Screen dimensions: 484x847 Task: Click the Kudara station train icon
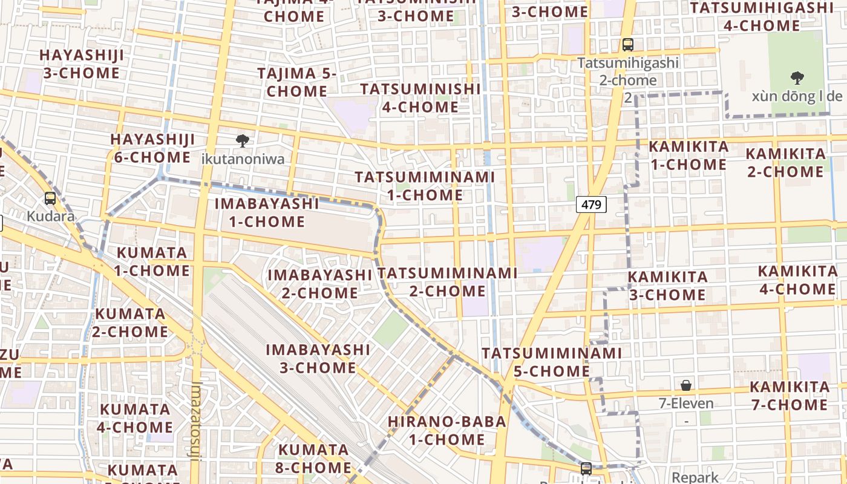click(50, 198)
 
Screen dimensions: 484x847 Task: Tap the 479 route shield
click(590, 205)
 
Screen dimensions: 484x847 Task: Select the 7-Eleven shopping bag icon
click(686, 385)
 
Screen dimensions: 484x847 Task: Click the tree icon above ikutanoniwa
click(243, 141)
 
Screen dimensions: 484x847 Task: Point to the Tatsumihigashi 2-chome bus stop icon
click(628, 44)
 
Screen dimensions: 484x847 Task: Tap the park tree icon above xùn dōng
click(797, 77)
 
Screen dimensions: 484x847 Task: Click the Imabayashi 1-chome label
click(267, 212)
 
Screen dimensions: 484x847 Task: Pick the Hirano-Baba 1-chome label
click(446, 430)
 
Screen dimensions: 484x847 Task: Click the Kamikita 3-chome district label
click(667, 286)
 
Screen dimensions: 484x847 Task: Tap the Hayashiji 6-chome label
click(152, 148)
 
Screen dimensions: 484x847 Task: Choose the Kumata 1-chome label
click(152, 261)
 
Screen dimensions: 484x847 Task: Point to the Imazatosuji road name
click(195, 420)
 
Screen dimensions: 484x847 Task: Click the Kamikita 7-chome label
click(790, 396)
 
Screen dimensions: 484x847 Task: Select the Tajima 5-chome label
click(297, 82)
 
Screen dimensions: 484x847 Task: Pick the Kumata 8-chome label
click(314, 459)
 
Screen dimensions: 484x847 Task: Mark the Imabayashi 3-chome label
click(318, 359)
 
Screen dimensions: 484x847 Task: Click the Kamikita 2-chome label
click(785, 163)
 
